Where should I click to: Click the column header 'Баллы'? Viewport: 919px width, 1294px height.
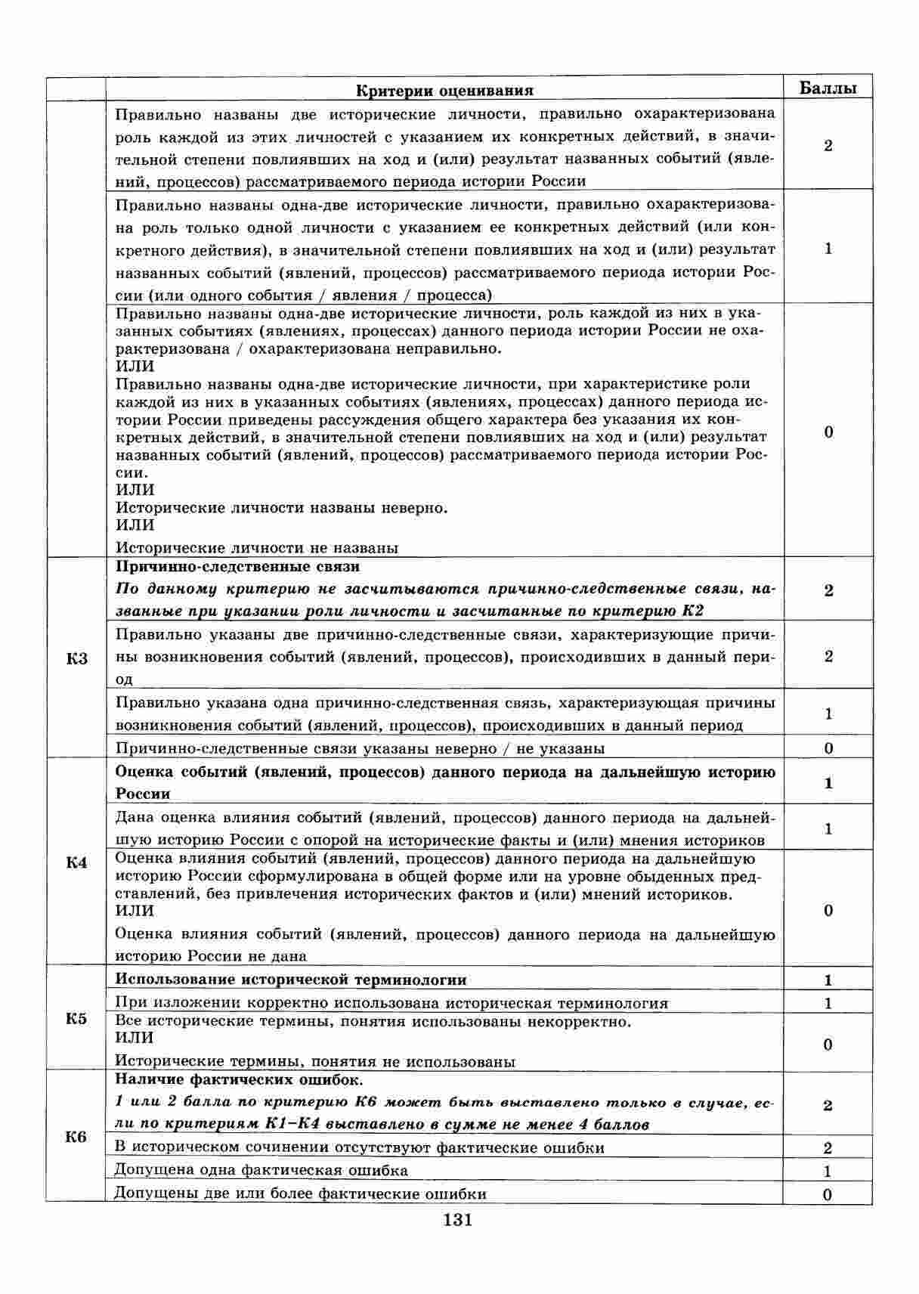(828, 88)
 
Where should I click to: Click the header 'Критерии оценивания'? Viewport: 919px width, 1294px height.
(444, 91)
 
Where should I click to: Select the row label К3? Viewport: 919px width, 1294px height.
(76, 658)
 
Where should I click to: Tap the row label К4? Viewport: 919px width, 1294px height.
(76, 862)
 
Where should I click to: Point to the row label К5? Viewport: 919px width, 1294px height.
(76, 1018)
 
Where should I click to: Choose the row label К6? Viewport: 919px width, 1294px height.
(76, 1136)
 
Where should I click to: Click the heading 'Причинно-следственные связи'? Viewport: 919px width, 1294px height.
(237, 566)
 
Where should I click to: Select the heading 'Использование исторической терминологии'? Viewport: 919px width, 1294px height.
(291, 980)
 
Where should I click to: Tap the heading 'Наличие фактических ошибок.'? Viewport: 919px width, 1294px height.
(239, 1079)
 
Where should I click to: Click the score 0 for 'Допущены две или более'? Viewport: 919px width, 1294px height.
(828, 1194)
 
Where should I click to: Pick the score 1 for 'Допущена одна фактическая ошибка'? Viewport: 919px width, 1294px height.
(828, 1172)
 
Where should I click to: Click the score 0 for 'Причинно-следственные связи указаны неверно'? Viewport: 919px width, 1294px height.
(828, 748)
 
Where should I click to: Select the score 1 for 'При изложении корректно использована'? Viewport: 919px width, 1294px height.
(828, 1004)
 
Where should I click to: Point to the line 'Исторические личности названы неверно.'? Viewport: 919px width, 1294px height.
(281, 507)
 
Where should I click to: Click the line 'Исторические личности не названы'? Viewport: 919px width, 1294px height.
(256, 547)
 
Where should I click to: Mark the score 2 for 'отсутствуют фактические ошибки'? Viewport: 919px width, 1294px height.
(828, 1148)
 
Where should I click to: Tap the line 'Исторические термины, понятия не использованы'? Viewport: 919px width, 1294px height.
(315, 1061)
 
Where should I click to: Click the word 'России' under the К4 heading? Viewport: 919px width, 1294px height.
(143, 794)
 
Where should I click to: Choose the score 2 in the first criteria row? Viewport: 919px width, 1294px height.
(828, 146)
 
